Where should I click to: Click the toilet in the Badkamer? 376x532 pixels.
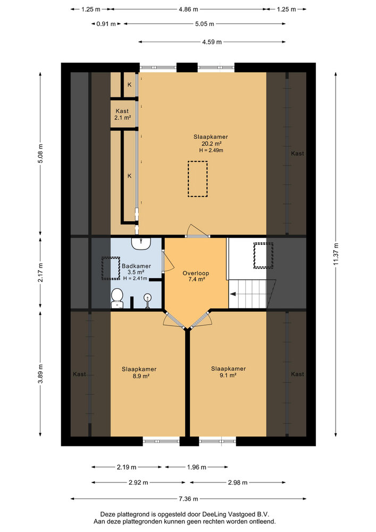117,298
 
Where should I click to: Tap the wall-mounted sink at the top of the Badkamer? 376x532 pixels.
142,243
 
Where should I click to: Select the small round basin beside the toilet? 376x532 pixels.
147,298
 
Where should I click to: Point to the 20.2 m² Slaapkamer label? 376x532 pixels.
207,143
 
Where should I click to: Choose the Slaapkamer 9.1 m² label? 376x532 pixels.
228,372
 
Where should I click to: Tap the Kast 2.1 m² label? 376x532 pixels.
122,114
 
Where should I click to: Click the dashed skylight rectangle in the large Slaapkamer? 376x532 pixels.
197,179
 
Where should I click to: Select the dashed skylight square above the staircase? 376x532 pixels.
263,255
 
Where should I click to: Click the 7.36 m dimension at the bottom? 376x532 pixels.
188,499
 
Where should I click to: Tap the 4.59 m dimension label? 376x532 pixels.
212,42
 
